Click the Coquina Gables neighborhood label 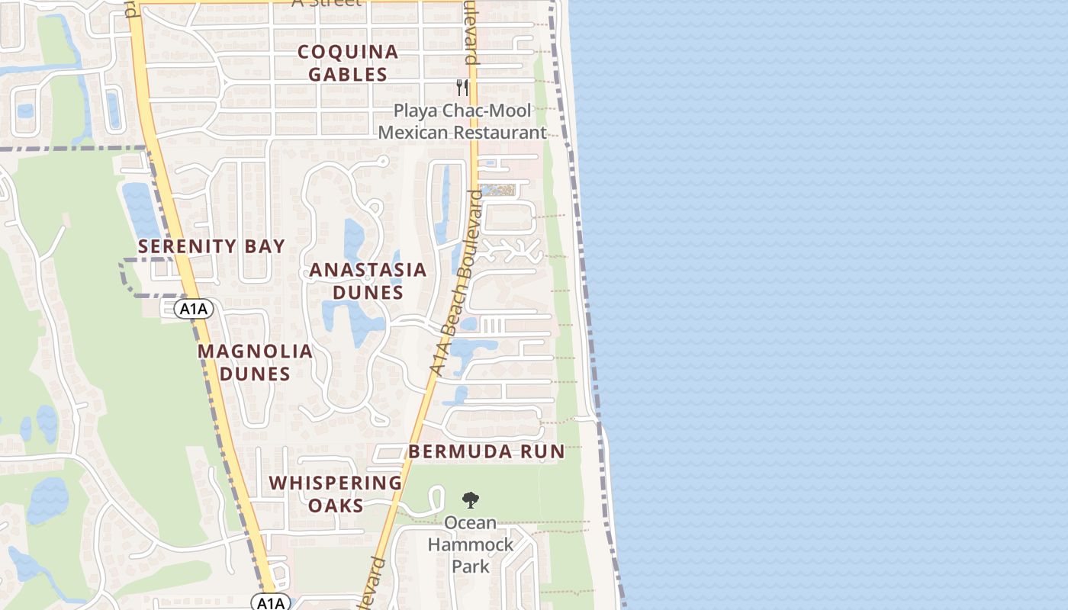[348, 63]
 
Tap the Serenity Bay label [211, 246]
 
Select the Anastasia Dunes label [368, 281]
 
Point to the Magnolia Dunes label [255, 362]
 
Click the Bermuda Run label [487, 451]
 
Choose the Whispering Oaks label [336, 493]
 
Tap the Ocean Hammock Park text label [471, 544]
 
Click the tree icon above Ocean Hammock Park [471, 500]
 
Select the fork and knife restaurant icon [462, 87]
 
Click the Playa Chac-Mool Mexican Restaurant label [462, 121]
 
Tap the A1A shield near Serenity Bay [193, 308]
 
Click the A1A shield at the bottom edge [270, 603]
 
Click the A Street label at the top [327, 2]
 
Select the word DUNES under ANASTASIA [368, 292]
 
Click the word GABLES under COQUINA [348, 75]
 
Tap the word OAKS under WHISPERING [336, 505]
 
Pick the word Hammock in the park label [471, 544]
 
